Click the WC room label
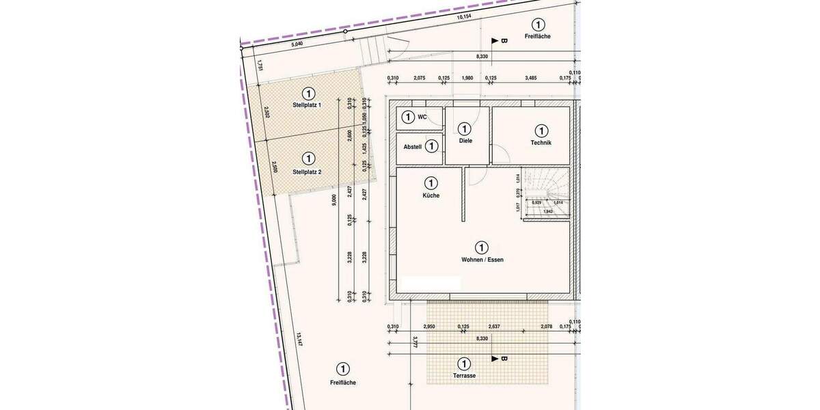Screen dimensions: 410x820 422,118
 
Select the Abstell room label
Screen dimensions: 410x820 413,146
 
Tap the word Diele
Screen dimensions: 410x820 465,141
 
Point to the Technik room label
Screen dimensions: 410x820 541,143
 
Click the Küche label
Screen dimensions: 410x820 430,195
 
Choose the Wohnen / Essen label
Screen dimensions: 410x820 482,260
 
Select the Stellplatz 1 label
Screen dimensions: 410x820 307,105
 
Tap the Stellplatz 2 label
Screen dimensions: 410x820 307,172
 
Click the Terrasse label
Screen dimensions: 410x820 464,376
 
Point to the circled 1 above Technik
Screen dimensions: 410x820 541,130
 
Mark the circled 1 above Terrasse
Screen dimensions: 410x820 464,364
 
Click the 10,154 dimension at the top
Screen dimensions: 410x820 464,16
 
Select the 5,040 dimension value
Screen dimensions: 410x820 297,44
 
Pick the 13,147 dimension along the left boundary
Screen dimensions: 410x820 299,340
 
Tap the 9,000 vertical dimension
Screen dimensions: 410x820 334,200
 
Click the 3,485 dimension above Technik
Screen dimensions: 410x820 530,79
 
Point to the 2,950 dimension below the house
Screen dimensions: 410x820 430,327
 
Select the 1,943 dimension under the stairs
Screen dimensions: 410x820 547,211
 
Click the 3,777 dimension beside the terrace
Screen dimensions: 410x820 415,346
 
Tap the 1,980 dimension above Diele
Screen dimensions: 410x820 467,79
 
